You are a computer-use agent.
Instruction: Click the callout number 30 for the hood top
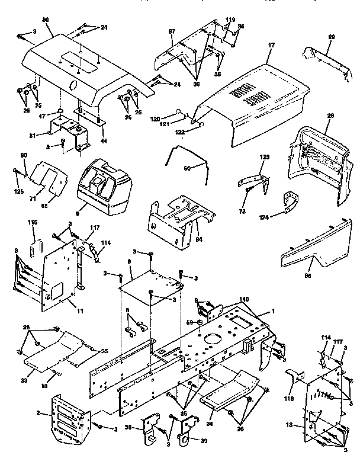pos(45,20)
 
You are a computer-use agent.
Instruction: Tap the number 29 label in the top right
pos(332,37)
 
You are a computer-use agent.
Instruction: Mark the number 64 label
pos(198,239)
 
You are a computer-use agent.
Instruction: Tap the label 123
pos(264,156)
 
